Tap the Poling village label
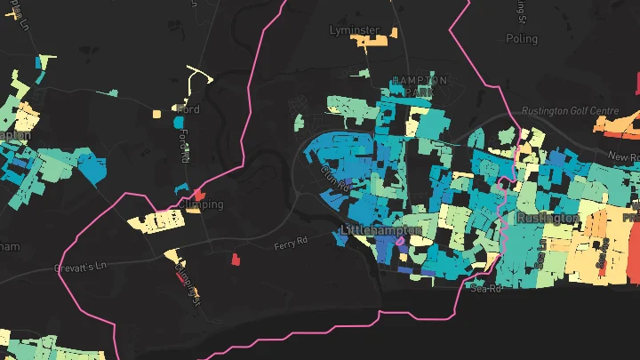pyautogui.click(x=522, y=39)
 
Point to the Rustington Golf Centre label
pyautogui.click(x=571, y=111)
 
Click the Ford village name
pyautogui.click(x=188, y=109)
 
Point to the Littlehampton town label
pyautogui.click(x=372, y=231)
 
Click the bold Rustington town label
pyautogui.click(x=547, y=218)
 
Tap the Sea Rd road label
pyautogui.click(x=486, y=289)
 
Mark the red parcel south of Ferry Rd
pyautogui.click(x=236, y=260)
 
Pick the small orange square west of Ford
pyautogui.click(x=156, y=114)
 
